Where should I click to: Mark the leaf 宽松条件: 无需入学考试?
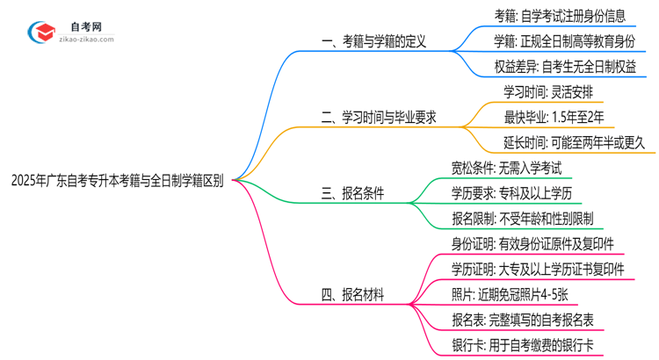coord(505,167)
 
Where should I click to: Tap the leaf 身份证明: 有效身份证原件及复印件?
coord(532,243)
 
